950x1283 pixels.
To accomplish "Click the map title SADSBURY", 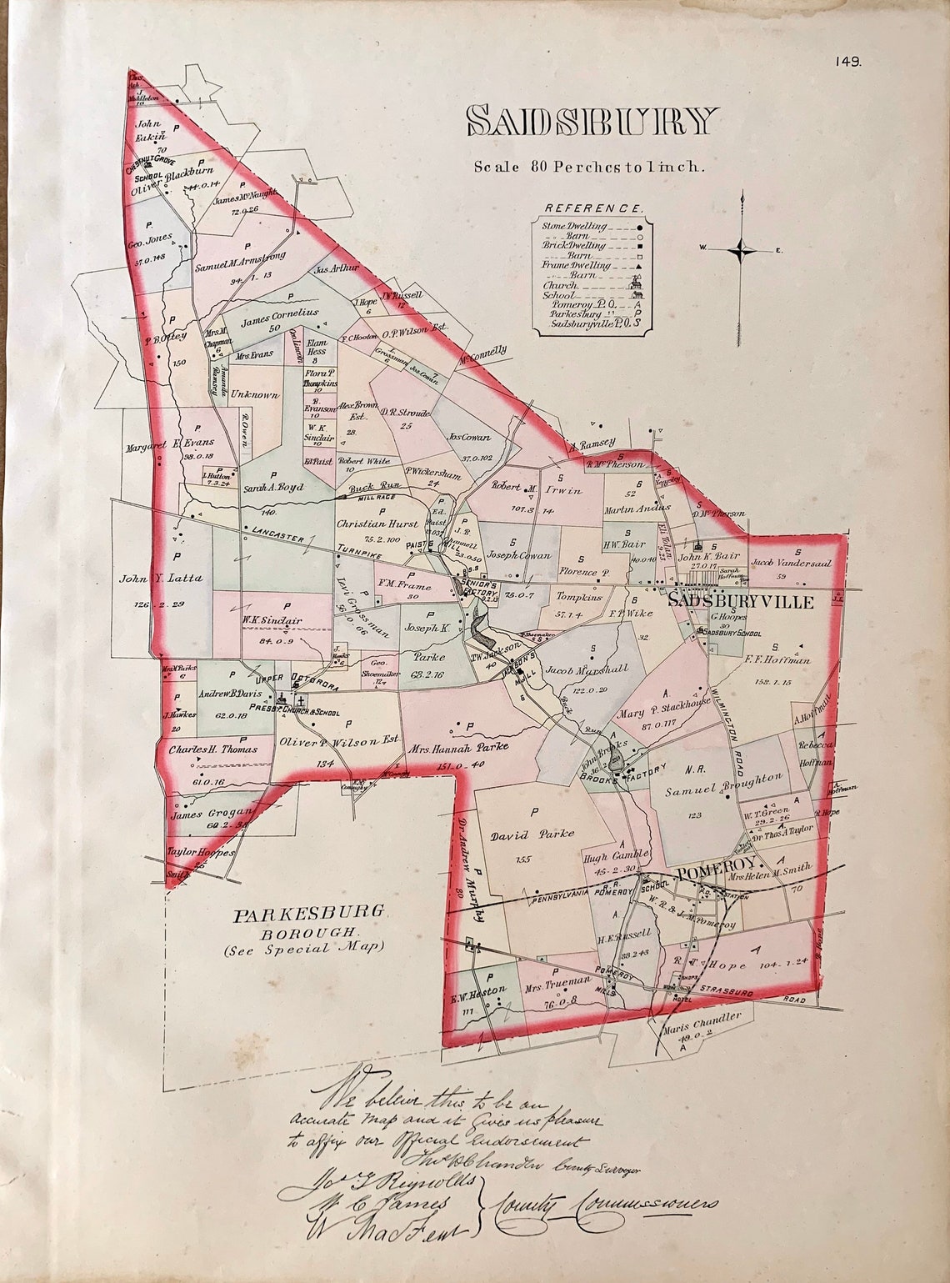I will coord(591,122).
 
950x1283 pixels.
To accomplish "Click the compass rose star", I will coord(742,249).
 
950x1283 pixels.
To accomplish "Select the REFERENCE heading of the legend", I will coord(592,208).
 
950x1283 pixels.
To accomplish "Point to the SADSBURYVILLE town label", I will coord(741,601).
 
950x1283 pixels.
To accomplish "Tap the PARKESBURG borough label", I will coord(309,913).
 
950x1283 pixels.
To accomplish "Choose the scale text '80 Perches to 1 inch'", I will coord(589,166).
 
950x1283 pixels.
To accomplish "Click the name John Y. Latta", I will coord(160,578).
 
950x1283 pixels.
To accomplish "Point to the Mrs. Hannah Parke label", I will coord(457,748).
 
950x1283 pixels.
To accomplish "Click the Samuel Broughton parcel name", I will coord(722,785).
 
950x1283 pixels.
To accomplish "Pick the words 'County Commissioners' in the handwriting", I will coord(607,1205).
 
